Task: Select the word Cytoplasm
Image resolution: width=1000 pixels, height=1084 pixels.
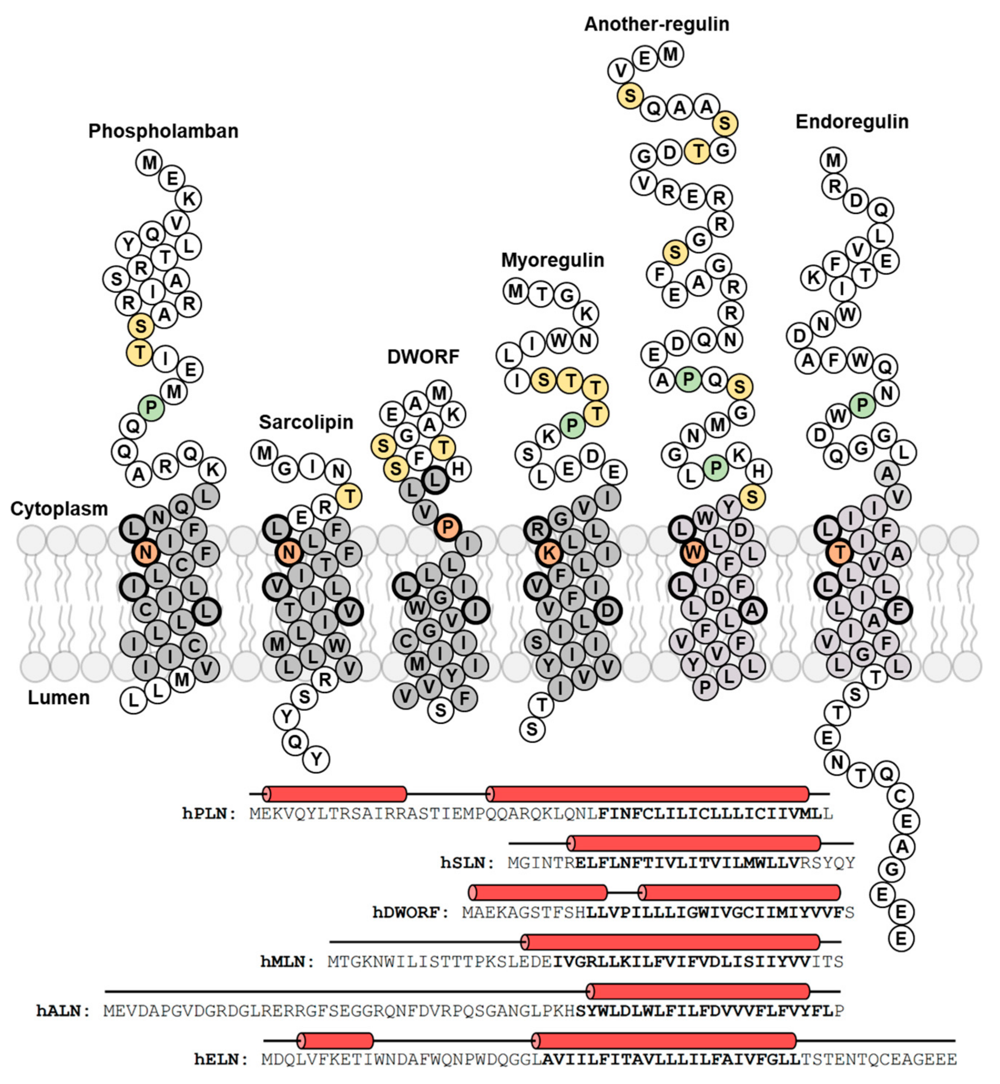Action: click(x=59, y=508)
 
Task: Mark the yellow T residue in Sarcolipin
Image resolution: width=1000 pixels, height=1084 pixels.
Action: click(x=349, y=496)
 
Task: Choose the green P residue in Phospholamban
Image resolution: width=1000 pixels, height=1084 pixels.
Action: click(x=151, y=407)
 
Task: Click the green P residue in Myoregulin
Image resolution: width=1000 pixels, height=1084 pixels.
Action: click(x=572, y=426)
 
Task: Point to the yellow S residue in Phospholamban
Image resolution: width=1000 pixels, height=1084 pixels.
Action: click(x=141, y=326)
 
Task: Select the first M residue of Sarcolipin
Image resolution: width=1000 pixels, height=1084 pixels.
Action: click(x=264, y=452)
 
